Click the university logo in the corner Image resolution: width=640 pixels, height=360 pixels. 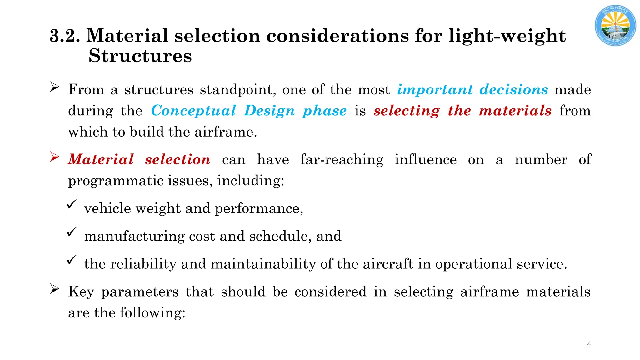[615, 25]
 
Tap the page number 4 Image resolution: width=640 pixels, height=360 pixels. [589, 344]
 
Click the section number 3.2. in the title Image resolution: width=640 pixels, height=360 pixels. [65, 36]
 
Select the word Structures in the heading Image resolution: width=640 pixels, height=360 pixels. [140, 56]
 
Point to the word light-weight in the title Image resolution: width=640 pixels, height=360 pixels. [507, 36]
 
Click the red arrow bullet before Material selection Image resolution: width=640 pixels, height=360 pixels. [55, 157]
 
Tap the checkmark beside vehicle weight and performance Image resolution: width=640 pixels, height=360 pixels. [72, 205]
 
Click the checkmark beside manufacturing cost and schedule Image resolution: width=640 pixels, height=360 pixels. [72, 232]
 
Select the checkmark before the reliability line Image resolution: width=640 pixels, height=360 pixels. [72, 260]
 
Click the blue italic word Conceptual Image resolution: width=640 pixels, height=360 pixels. [193, 111]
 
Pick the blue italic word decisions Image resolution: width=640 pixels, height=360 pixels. [514, 90]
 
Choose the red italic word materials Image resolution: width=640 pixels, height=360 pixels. [515, 111]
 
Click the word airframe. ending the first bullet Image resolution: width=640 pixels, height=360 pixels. [226, 132]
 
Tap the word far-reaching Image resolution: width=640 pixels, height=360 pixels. [342, 160]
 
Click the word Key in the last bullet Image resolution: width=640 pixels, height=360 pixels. [81, 292]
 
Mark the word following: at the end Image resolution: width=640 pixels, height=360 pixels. [152, 312]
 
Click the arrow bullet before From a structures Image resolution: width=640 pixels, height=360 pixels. [55, 87]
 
